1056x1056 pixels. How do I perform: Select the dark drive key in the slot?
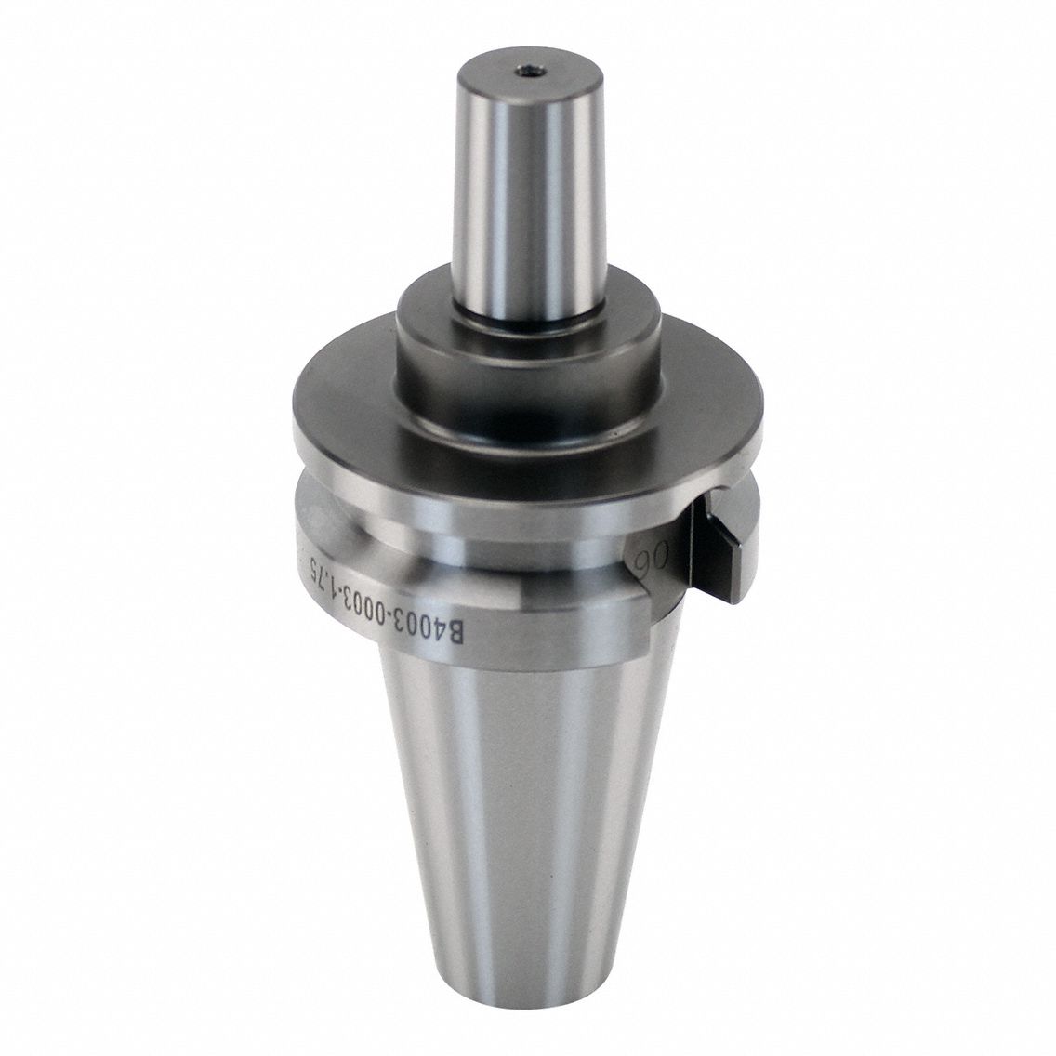click(723, 548)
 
